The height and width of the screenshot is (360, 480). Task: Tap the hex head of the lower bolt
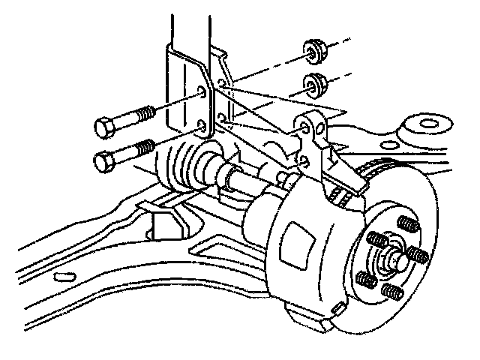[106, 159]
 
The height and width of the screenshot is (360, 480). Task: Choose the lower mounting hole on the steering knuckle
[304, 159]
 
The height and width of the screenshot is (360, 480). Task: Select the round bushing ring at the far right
[428, 124]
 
